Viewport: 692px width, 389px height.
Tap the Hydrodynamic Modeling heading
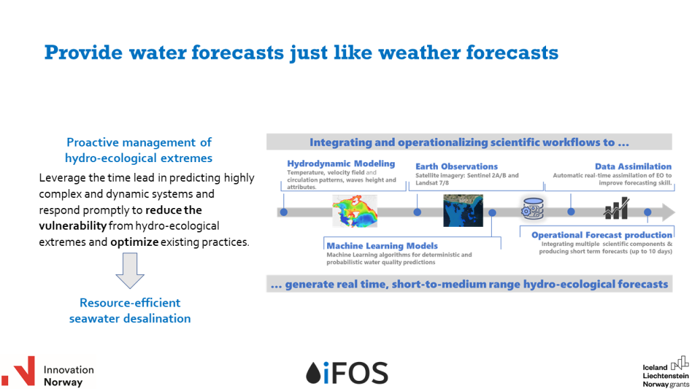point(341,164)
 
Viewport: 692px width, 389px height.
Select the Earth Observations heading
point(456,166)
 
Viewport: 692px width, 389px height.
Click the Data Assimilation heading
point(633,166)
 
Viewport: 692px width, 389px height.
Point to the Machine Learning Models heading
point(382,246)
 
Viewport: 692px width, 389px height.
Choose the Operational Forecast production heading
point(601,235)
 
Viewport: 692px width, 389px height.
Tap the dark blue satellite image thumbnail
point(463,210)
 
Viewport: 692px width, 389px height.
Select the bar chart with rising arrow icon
point(616,209)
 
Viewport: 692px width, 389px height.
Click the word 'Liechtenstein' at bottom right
point(666,375)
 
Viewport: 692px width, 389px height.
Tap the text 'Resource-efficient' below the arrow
point(130,303)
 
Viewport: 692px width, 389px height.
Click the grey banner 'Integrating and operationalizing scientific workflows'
point(469,142)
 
